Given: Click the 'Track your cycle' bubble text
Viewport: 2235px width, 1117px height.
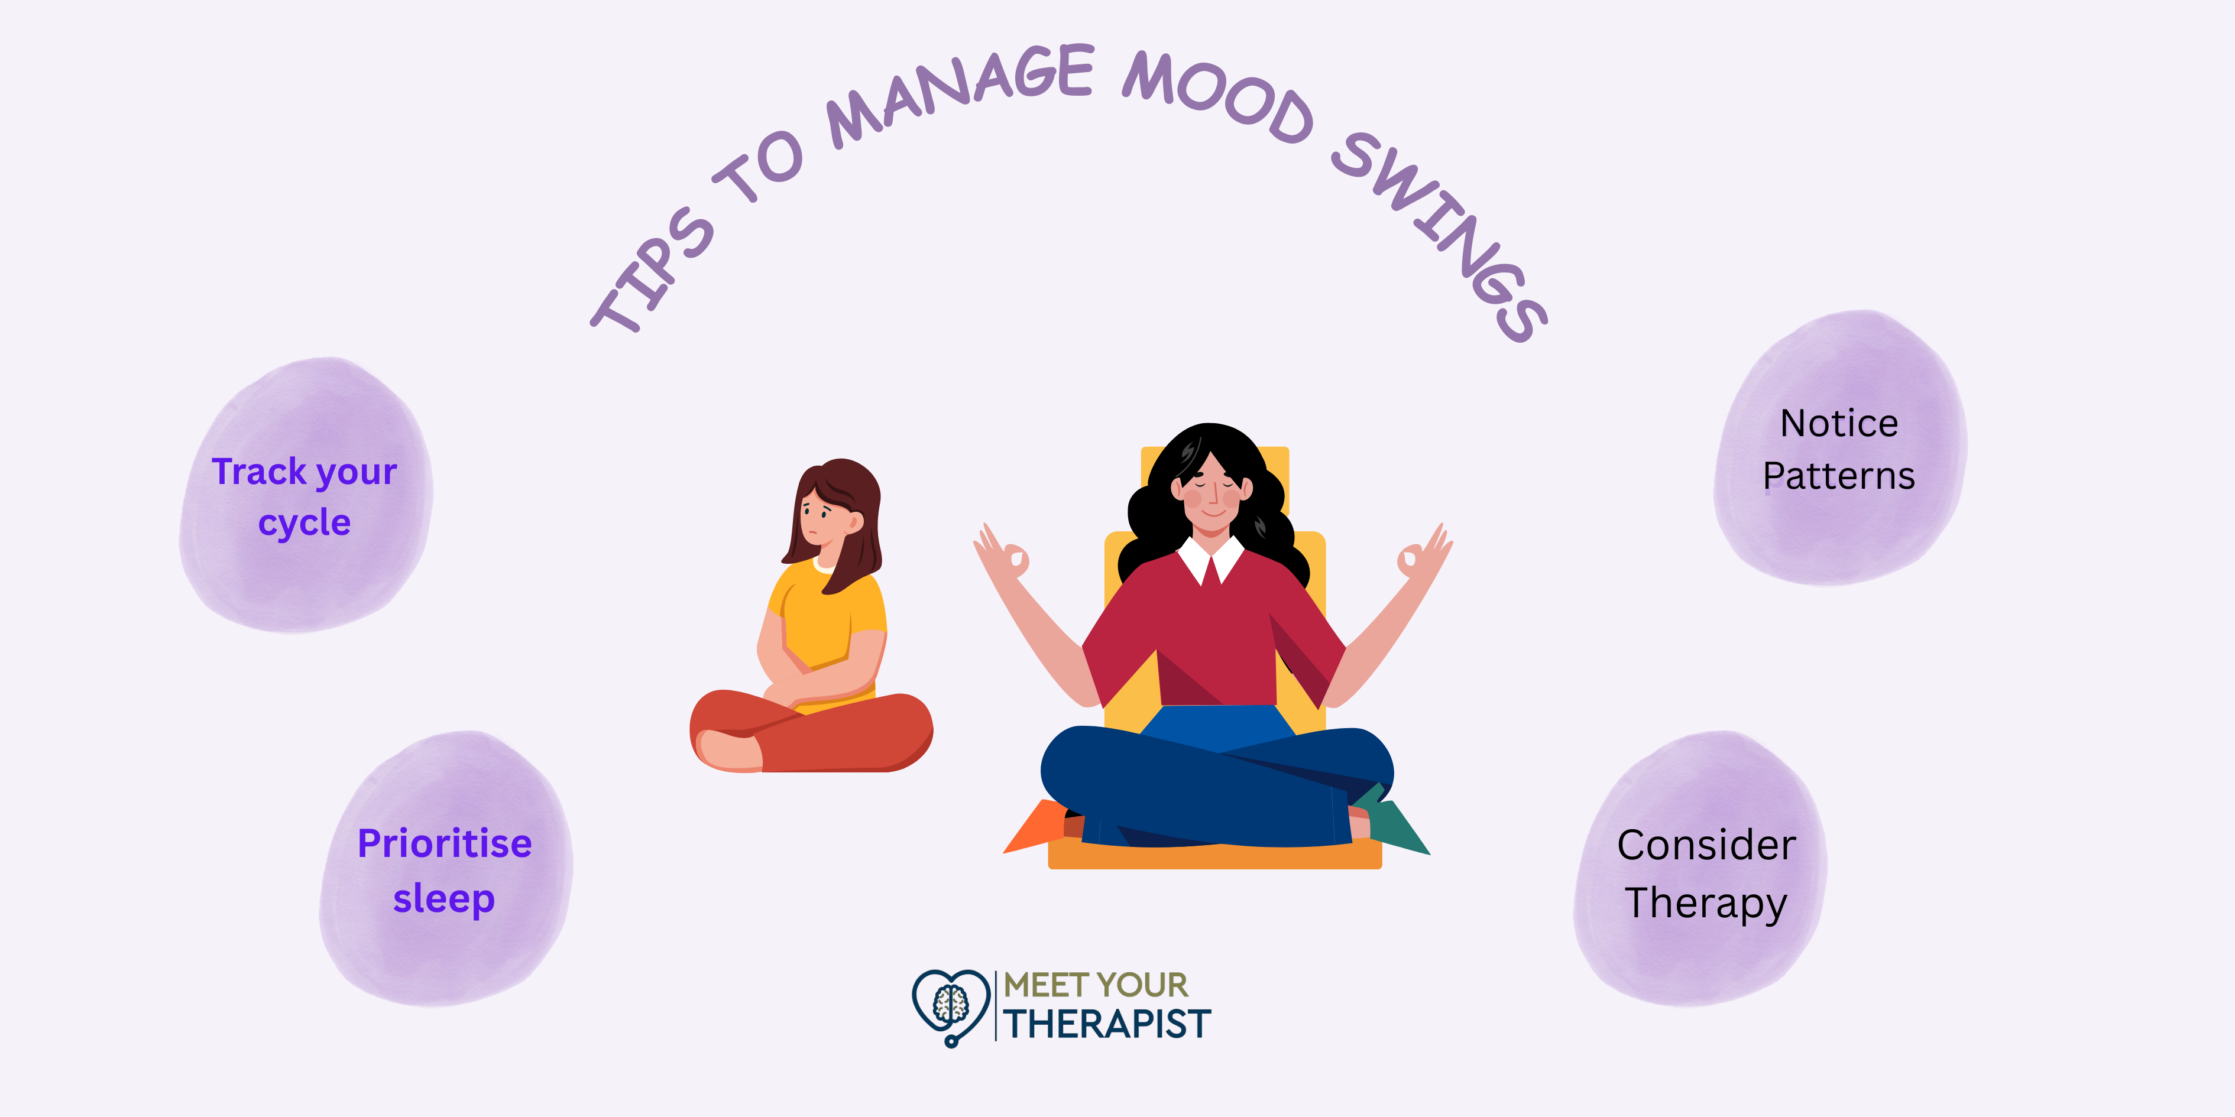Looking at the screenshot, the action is pyautogui.click(x=305, y=497).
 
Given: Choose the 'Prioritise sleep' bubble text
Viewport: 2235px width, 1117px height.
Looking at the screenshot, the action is pyautogui.click(x=444, y=871).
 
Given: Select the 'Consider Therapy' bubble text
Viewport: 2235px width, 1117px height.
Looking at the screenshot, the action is pyautogui.click(x=1706, y=874).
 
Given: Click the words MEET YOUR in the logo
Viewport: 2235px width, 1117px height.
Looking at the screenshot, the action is pyautogui.click(x=1096, y=985).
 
